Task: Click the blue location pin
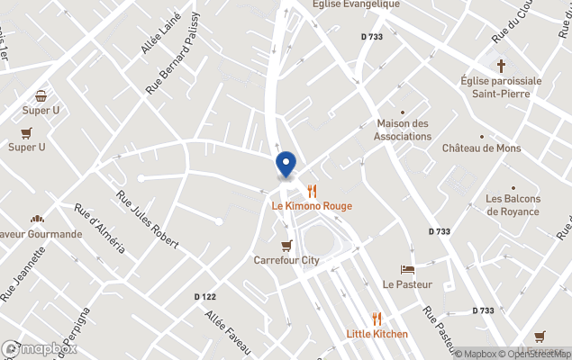pos(286,165)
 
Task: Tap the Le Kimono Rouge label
pos(312,206)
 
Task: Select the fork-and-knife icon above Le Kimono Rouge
pos(312,191)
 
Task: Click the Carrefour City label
pos(286,260)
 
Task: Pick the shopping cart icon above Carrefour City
pos(286,245)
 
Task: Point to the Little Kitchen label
pos(377,334)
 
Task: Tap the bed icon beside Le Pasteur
pos(407,269)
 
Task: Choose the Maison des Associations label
pos(404,130)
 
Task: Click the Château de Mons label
pos(481,148)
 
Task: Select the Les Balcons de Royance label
pos(513,205)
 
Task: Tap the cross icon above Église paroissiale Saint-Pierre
pos(502,65)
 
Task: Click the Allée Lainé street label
pos(161,34)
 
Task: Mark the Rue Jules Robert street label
pos(147,220)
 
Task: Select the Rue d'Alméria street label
pos(100,229)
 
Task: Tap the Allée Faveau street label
pos(227,330)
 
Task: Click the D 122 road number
pos(205,297)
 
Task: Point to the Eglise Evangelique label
pos(354,4)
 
